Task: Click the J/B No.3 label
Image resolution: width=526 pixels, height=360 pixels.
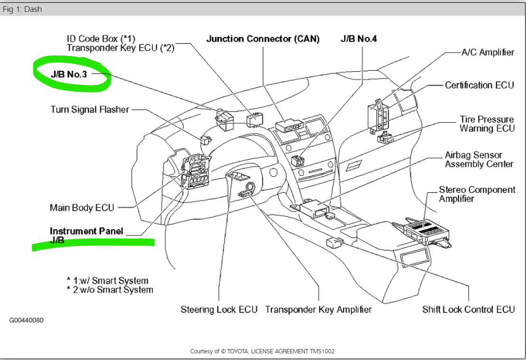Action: point(70,74)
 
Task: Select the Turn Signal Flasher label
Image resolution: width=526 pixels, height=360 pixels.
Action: point(90,110)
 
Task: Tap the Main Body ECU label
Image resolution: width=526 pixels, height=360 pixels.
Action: point(82,208)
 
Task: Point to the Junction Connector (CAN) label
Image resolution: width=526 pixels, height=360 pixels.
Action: point(263,39)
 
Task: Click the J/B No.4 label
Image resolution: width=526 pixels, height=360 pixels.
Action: point(358,39)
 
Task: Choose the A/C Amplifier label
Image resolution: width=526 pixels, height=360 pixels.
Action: point(488,52)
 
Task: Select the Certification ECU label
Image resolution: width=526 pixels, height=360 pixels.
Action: point(479,85)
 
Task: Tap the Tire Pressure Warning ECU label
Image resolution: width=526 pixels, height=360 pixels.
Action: point(487,124)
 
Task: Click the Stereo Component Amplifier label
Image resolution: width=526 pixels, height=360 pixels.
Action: point(477,194)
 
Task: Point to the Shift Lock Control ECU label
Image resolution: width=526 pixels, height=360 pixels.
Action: point(468,310)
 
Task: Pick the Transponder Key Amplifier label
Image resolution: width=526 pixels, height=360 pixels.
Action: point(318,310)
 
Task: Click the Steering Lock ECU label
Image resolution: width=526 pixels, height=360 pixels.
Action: point(219,310)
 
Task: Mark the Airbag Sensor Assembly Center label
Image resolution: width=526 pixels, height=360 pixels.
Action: point(479,160)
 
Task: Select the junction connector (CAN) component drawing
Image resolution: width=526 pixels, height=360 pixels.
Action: point(290,126)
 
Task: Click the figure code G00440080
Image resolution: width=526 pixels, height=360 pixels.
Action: point(27,320)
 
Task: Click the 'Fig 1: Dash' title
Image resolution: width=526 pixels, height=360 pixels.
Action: point(22,9)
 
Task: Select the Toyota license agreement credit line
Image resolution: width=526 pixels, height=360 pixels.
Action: point(263,351)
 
